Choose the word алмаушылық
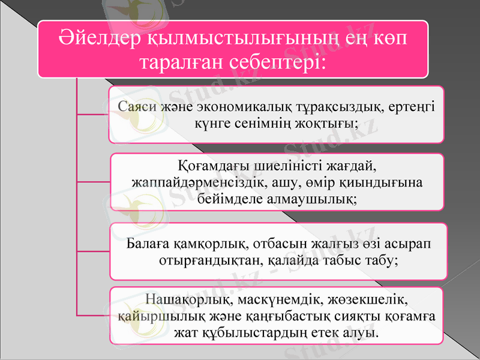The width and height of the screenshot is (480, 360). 312,198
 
